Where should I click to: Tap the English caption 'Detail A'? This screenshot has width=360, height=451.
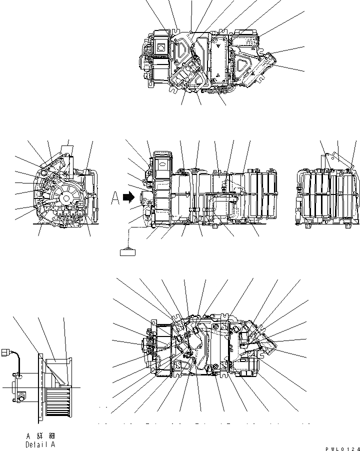[40, 444]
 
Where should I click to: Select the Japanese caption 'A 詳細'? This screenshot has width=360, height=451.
[40, 436]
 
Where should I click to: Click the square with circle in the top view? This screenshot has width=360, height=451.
[161, 48]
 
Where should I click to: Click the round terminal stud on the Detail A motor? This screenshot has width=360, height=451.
[21, 397]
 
